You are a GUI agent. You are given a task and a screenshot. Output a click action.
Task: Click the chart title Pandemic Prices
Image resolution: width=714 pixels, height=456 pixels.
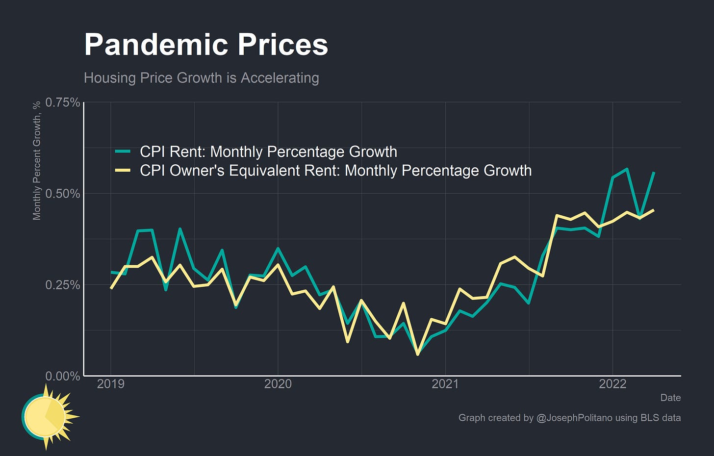point(206,45)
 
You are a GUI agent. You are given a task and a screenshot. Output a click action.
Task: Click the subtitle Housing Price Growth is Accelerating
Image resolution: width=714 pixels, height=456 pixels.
point(201,78)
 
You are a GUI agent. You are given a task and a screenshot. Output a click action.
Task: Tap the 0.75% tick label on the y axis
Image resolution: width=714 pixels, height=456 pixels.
point(62,102)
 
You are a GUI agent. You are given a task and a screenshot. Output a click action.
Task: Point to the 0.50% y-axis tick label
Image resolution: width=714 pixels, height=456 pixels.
point(62,194)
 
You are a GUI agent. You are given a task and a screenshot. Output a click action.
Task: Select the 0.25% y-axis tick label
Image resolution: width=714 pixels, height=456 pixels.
point(62,285)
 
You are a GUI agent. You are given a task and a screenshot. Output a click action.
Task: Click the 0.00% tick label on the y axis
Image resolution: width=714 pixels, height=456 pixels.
point(62,376)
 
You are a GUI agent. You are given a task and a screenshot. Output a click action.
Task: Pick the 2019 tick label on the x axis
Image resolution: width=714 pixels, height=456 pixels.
point(110,384)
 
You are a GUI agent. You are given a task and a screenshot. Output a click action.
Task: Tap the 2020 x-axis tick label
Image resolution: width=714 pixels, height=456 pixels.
point(278,384)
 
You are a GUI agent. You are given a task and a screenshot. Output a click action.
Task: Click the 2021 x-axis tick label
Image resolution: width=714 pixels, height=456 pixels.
point(445,384)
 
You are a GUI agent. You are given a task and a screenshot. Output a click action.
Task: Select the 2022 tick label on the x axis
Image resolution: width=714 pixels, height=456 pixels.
point(612,384)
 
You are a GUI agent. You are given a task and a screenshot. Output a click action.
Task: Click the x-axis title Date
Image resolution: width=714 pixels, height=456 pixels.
point(670,398)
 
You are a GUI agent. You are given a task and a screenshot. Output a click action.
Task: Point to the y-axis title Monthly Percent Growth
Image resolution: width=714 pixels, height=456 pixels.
point(37,161)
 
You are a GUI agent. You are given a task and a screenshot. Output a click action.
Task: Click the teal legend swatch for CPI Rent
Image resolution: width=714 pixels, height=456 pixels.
point(123,152)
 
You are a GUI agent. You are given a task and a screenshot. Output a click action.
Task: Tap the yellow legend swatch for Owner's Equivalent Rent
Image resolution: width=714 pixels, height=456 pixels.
point(123,171)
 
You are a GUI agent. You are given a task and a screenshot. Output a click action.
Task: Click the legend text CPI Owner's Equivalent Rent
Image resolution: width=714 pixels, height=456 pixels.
point(335,171)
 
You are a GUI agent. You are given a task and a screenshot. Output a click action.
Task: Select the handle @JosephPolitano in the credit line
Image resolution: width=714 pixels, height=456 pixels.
point(572,418)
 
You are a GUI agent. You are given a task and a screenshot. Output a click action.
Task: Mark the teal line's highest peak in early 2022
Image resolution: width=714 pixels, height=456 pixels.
point(627,169)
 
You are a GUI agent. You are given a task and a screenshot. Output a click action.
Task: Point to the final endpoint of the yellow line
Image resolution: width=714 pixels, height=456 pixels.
point(654,210)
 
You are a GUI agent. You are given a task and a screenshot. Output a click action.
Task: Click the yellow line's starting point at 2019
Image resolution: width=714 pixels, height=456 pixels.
point(111,288)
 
